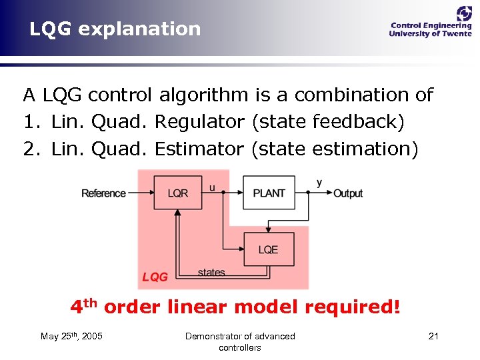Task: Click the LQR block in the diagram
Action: pyautogui.click(x=178, y=193)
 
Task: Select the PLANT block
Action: pyautogui.click(x=269, y=193)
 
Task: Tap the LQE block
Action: pyautogui.click(x=269, y=249)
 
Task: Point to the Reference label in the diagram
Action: pyautogui.click(x=103, y=193)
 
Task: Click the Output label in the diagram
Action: pyautogui.click(x=348, y=193)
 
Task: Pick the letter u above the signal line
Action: pyautogui.click(x=213, y=187)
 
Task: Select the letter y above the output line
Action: pyautogui.click(x=319, y=183)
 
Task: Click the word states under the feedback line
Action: pyautogui.click(x=211, y=272)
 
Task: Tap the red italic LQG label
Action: pyautogui.click(x=155, y=277)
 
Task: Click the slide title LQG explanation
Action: pyautogui.click(x=115, y=29)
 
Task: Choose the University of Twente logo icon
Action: pyautogui.click(x=463, y=14)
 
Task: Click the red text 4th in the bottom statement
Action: pyautogui.click(x=85, y=307)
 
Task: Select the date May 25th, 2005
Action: pyautogui.click(x=71, y=336)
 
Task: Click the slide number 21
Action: pyautogui.click(x=433, y=336)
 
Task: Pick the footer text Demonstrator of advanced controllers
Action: pyautogui.click(x=240, y=341)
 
